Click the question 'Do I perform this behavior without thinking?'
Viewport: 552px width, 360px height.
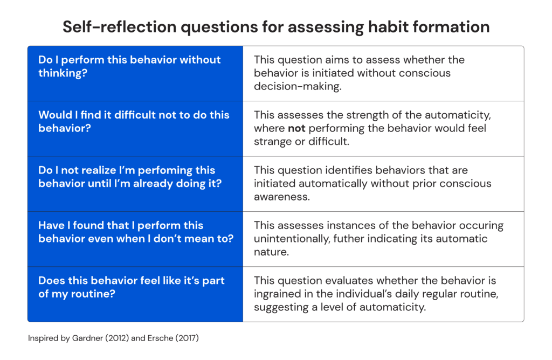point(129,66)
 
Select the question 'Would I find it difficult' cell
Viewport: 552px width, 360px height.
point(134,121)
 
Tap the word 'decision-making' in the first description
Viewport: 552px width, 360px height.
point(298,86)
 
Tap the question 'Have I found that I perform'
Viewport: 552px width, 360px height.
point(121,225)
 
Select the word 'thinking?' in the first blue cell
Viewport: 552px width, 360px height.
point(63,73)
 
